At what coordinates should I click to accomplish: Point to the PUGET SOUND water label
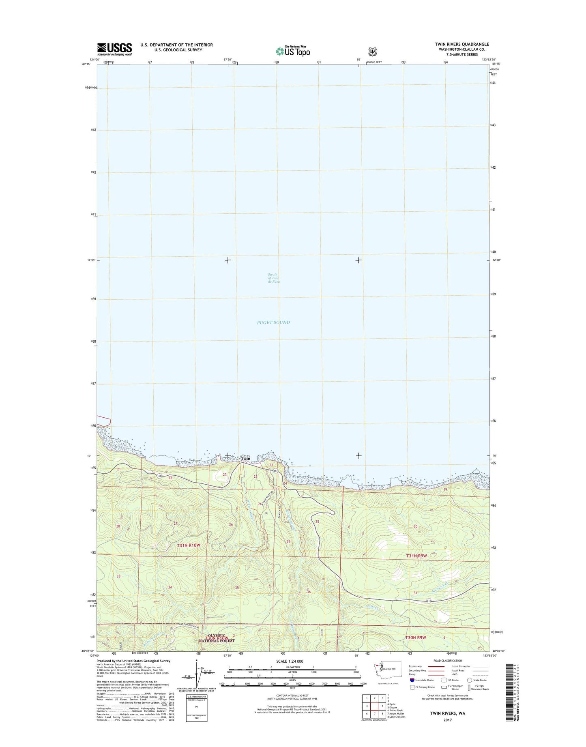tap(273, 322)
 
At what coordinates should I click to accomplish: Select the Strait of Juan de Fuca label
tap(274, 278)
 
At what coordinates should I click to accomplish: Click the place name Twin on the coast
tap(246, 459)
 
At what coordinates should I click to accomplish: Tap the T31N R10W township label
tap(189, 545)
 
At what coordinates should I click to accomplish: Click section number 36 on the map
tap(309, 592)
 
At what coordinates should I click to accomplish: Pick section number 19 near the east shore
tap(445, 489)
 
